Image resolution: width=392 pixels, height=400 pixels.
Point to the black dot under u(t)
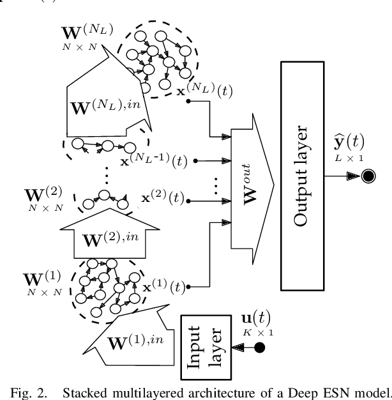260,348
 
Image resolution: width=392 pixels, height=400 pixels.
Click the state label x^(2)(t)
162,199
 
